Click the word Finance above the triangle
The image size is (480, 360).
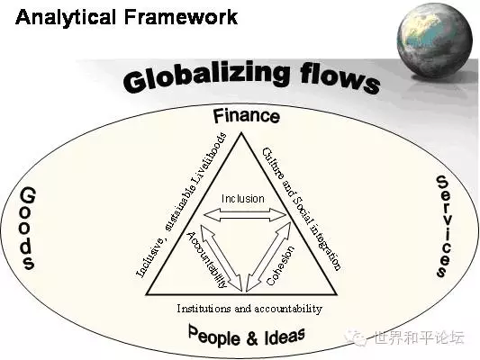point(247,116)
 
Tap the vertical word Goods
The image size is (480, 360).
point(28,229)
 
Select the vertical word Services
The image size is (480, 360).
point(444,226)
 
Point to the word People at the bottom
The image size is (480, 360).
point(214,336)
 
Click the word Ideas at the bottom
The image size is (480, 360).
point(285,337)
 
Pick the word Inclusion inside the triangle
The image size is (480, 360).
point(243,199)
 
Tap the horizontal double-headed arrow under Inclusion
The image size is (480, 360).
point(245,215)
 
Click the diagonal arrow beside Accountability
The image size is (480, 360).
point(222,257)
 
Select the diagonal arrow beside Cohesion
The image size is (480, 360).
point(268,256)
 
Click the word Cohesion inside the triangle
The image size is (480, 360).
point(280,265)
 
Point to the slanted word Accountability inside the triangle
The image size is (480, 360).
point(207,259)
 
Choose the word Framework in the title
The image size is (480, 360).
point(181,16)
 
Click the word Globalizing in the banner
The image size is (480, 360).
point(207,76)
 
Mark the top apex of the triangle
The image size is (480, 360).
point(241,132)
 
